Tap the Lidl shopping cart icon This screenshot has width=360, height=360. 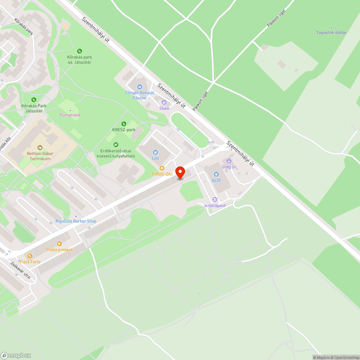(x=156, y=152)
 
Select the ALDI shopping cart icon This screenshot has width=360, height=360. (x=216, y=174)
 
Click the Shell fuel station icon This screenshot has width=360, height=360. (x=164, y=102)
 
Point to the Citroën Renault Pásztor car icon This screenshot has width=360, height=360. (x=140, y=87)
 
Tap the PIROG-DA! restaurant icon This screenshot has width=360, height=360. (x=162, y=168)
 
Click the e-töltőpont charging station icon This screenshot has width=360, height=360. (x=215, y=199)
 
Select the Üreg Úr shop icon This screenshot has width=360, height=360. (x=229, y=161)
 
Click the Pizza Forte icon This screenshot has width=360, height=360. (x=30, y=256)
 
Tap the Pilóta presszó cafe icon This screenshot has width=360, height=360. (x=59, y=243)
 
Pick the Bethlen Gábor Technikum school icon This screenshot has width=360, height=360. (x=40, y=148)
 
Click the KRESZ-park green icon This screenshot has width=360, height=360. (x=124, y=124)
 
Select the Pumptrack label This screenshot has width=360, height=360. (x=70, y=115)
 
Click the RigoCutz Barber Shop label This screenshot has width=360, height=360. (x=76, y=221)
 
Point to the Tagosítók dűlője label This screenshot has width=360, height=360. (x=331, y=32)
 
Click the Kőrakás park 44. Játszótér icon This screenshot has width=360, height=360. (x=79, y=51)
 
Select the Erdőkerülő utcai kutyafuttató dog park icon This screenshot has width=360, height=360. (x=116, y=144)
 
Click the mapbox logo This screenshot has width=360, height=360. (x=16, y=355)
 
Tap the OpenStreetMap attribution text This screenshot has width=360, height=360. (x=345, y=357)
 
